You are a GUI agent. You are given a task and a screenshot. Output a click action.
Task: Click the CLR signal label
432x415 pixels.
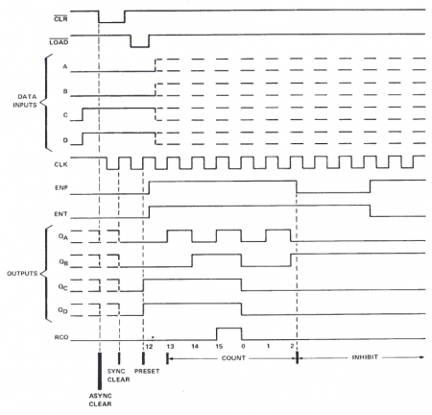coord(60,13)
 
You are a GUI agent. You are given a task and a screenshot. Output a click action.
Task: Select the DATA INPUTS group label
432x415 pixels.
coord(23,102)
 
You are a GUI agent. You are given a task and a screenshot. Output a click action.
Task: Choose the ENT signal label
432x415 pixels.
coord(60,207)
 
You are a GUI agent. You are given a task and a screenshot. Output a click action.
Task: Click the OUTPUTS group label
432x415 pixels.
coord(20,274)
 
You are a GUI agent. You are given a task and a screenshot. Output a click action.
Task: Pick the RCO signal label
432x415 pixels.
coord(60,336)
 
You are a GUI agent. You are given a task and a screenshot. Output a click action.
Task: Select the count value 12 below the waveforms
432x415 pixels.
coord(149,347)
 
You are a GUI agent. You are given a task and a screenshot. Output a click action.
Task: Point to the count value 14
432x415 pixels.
coord(197,347)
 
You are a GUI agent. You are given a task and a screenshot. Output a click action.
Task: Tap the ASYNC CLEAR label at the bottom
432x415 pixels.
coord(100,401)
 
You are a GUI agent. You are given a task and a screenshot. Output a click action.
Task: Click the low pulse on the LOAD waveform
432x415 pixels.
coord(139,44)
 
